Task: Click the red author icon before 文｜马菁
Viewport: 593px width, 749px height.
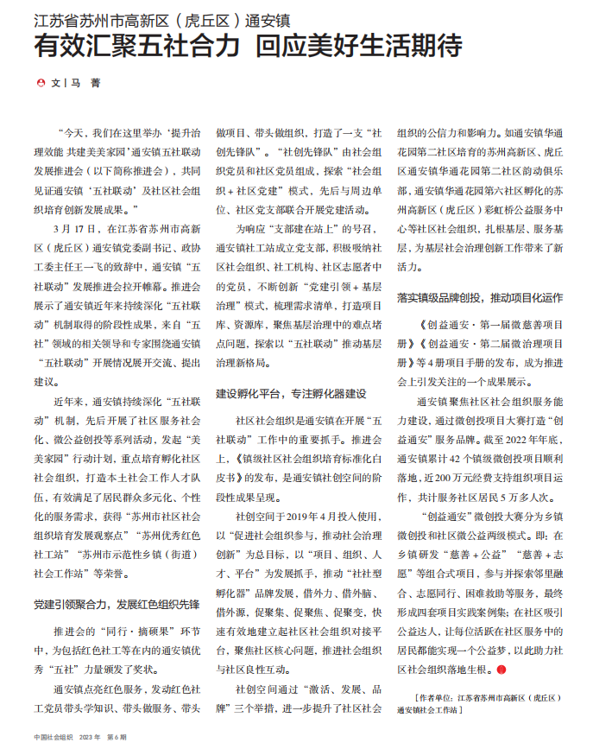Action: [41, 84]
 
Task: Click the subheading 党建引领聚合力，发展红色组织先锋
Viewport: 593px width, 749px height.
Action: [117, 603]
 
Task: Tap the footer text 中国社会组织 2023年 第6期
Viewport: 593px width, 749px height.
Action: [77, 737]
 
